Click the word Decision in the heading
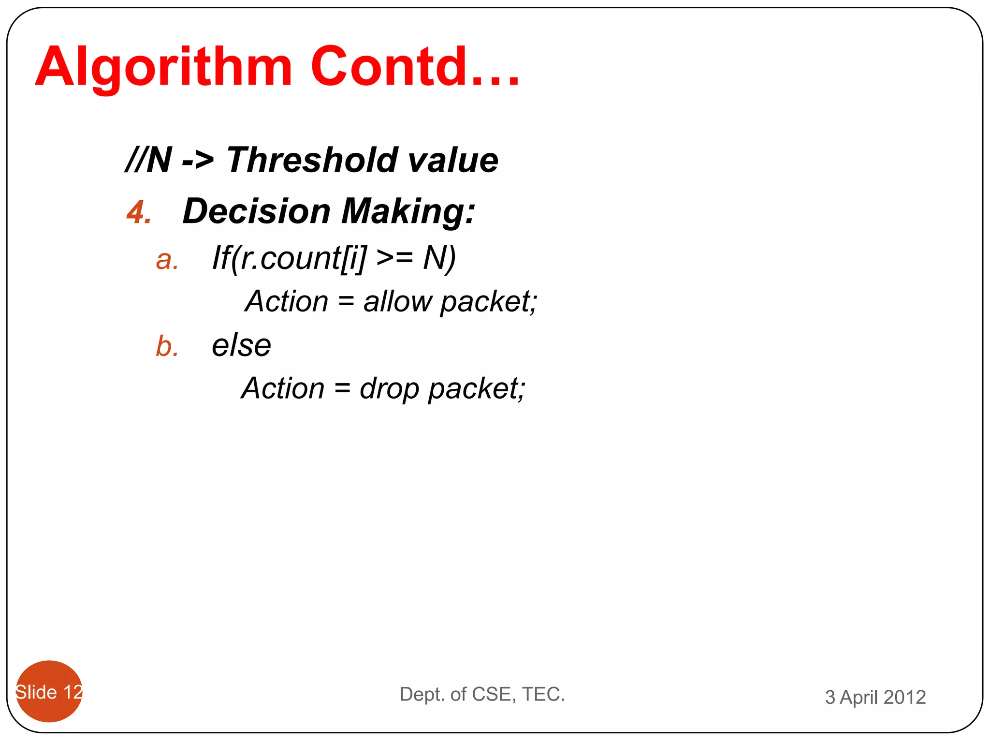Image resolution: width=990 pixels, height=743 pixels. point(257,211)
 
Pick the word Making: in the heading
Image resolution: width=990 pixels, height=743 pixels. point(408,211)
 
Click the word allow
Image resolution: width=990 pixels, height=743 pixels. point(397,301)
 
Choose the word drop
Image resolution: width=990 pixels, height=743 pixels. point(389,388)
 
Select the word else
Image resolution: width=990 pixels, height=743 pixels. point(241,345)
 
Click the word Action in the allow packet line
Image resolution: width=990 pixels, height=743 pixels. point(287,301)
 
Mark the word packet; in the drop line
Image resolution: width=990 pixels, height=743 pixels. point(477,388)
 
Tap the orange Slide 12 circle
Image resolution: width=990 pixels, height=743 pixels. point(49,691)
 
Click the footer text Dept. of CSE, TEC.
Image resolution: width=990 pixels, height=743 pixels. point(482,694)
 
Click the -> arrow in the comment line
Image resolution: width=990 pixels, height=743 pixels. point(198,160)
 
